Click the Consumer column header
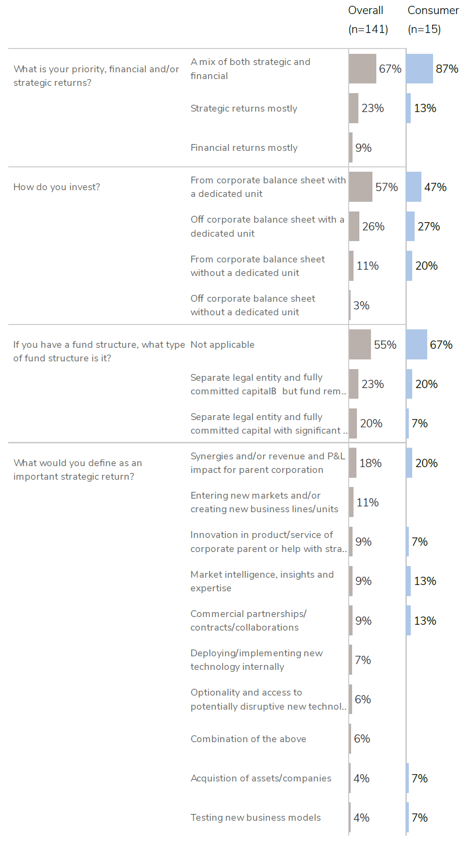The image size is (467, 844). point(433,19)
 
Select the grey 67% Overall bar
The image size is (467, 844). point(362,69)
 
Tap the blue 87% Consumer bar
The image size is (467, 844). point(419,69)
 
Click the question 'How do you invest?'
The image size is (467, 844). point(57,187)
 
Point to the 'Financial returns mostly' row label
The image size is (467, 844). point(244,148)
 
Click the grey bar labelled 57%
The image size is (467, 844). point(360,187)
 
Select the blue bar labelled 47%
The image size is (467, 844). point(414,187)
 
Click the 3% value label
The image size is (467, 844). point(361,306)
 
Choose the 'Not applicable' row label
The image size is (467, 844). point(223,345)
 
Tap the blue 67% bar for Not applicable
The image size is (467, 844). point(417,345)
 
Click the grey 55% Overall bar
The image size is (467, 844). point(360,345)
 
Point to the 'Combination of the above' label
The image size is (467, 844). point(248,739)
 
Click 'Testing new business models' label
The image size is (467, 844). point(256,818)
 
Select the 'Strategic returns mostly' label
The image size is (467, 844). point(244,109)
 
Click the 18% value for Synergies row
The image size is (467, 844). point(370,463)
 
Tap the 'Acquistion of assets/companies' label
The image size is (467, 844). point(261,779)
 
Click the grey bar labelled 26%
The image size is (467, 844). point(354,227)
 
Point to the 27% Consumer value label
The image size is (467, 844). point(429,227)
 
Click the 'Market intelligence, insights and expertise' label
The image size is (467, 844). point(262,581)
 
